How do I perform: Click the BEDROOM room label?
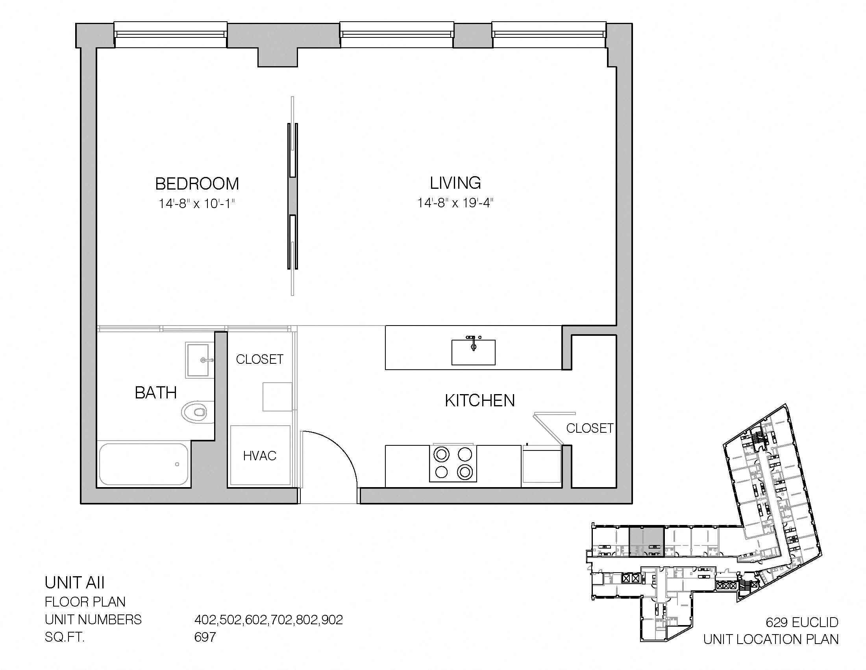(197, 184)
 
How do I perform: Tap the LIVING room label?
(455, 183)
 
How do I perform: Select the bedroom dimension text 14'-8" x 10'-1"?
(197, 204)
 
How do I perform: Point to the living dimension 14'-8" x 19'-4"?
(455, 203)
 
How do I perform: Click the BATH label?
(156, 393)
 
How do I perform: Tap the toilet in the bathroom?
(195, 412)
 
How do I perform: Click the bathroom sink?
(198, 360)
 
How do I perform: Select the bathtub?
(144, 463)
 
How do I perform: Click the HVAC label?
(260, 456)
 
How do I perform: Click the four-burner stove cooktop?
(453, 463)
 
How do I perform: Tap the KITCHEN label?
(480, 401)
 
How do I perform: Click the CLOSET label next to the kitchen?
(590, 428)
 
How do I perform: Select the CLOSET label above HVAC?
(260, 359)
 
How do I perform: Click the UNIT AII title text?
(74, 583)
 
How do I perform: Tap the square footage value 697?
(205, 637)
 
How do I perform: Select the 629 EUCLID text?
(802, 622)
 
